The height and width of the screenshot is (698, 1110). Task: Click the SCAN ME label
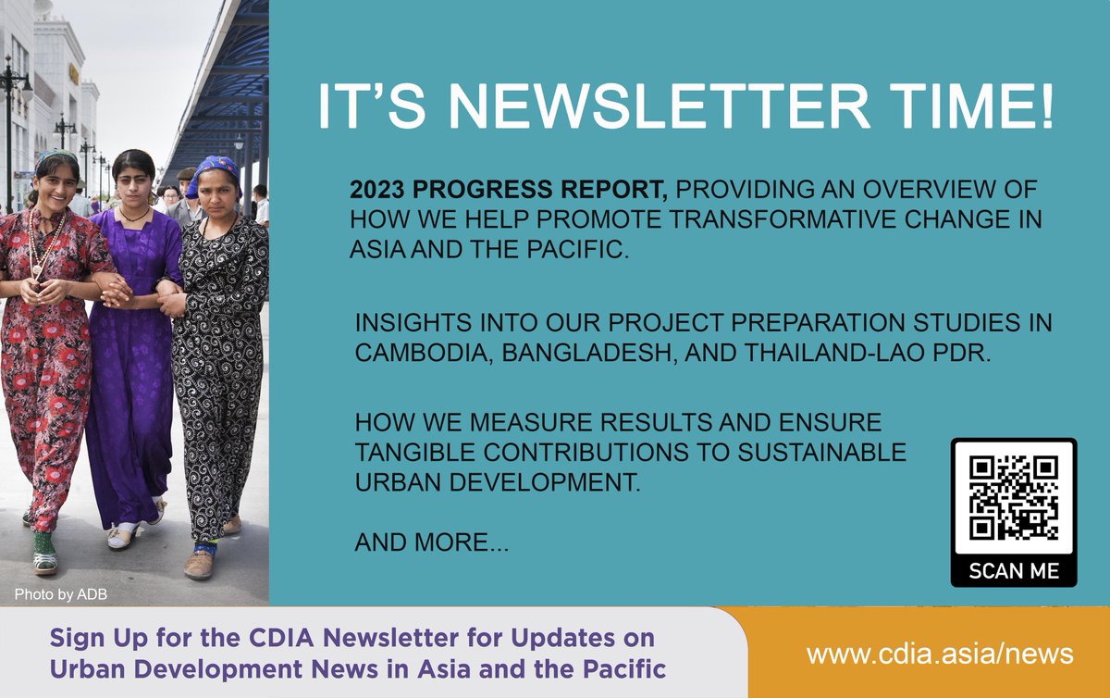click(1014, 570)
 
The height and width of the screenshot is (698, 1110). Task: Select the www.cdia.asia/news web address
click(939, 654)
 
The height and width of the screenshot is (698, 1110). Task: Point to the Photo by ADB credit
click(61, 594)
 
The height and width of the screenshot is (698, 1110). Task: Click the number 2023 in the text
click(377, 191)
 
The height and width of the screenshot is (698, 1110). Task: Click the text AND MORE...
click(431, 543)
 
